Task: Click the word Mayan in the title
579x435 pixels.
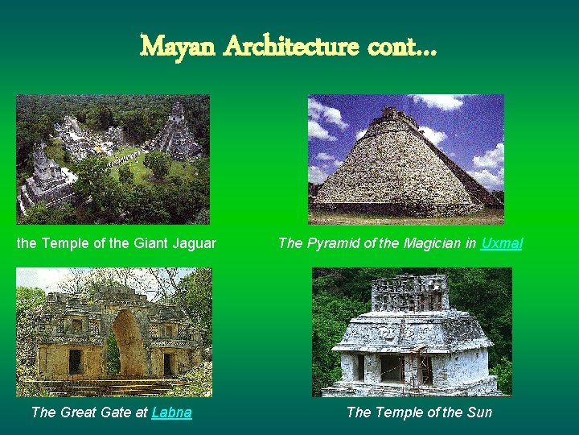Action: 178,46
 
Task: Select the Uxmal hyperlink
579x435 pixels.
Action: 501,242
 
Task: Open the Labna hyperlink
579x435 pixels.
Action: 171,412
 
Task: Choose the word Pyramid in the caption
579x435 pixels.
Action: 331,242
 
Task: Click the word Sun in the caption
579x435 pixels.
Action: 479,412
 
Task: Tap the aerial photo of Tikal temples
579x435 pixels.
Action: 113,159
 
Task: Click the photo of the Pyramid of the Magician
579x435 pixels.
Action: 406,159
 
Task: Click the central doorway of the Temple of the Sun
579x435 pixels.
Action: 392,368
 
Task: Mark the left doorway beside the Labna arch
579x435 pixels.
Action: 75,361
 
